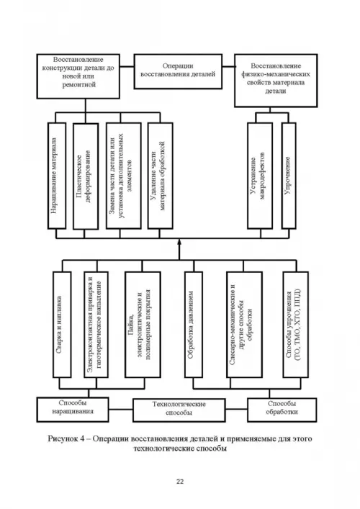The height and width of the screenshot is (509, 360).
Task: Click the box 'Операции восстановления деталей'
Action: click(x=178, y=71)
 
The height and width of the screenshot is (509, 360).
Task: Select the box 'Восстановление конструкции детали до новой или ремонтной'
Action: click(x=78, y=76)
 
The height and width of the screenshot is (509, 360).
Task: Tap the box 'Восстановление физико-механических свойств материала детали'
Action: click(x=276, y=81)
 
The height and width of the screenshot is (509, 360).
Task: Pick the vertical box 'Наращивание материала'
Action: click(x=57, y=176)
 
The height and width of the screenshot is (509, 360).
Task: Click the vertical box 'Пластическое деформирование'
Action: click(x=86, y=176)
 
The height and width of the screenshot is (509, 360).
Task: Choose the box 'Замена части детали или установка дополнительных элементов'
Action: click(x=124, y=176)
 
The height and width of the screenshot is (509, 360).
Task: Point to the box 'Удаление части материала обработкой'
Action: click(x=160, y=176)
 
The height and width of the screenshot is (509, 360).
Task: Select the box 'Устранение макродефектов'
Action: click(x=260, y=176)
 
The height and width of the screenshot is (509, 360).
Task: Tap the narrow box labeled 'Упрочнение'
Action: click(x=289, y=176)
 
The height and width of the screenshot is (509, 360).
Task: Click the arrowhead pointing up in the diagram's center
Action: click(x=179, y=243)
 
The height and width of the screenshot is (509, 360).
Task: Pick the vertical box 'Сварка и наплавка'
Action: click(x=62, y=325)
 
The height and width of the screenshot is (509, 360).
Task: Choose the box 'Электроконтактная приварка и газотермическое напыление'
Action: click(x=96, y=325)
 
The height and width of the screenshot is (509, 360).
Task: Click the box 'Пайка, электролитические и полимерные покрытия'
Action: click(x=143, y=325)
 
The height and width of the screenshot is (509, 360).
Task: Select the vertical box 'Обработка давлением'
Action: click(x=194, y=325)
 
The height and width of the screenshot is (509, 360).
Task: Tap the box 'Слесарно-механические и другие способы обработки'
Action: click(x=244, y=325)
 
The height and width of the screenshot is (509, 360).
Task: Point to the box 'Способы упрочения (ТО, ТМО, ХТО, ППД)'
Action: click(x=295, y=325)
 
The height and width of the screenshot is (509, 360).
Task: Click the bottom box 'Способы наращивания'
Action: click(x=73, y=410)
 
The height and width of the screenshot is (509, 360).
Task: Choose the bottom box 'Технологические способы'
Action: click(x=179, y=410)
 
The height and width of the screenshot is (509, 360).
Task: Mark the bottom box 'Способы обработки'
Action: click(x=282, y=410)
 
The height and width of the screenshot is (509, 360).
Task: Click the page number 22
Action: click(x=180, y=482)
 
